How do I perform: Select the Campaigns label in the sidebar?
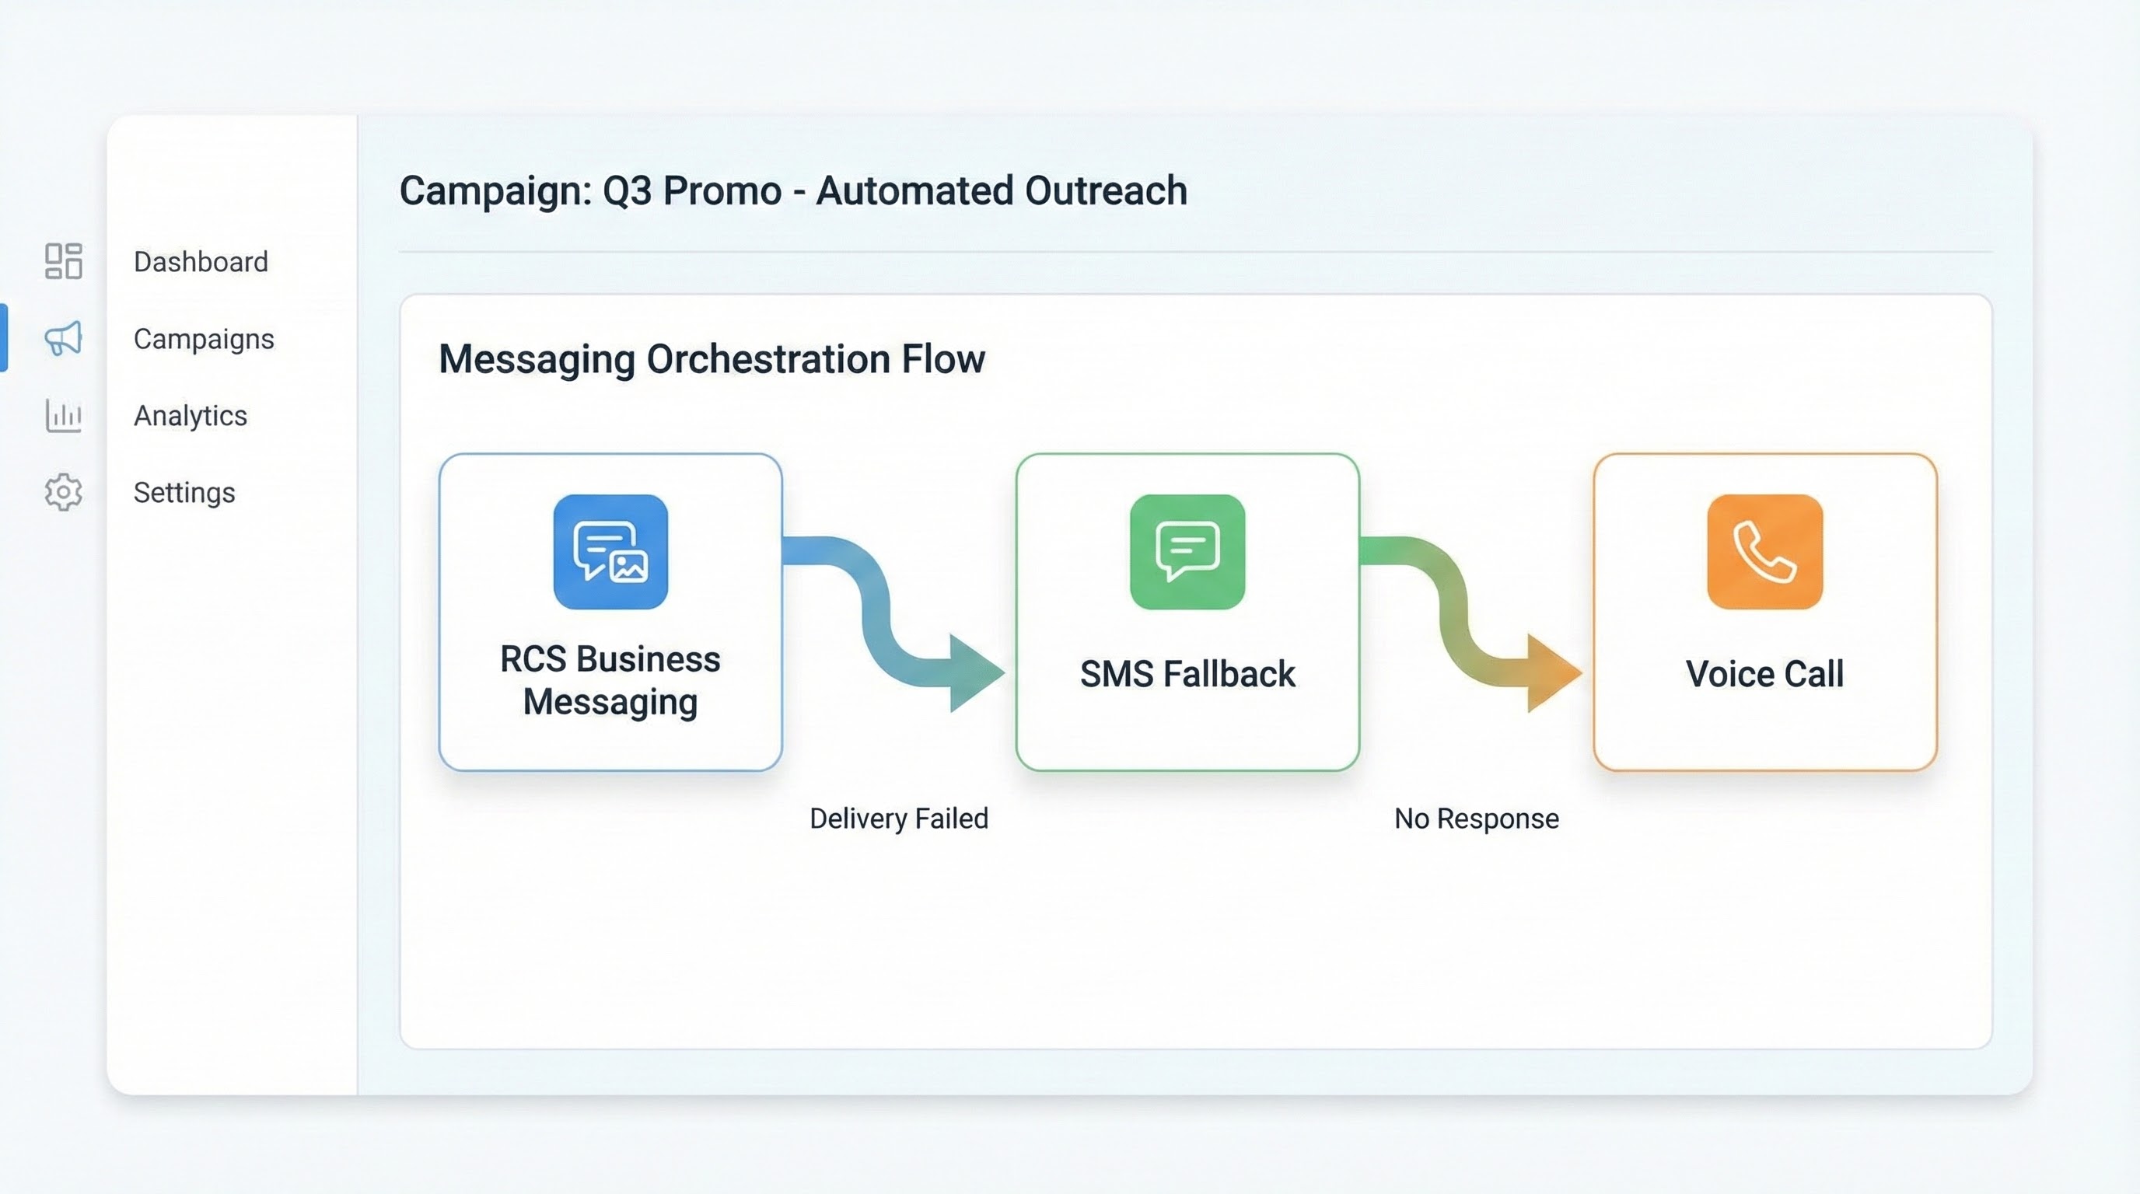pyautogui.click(x=204, y=339)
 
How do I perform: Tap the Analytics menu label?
pyautogui.click(x=191, y=415)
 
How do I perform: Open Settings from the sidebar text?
pyautogui.click(x=184, y=492)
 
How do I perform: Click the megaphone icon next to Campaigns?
pyautogui.click(x=63, y=338)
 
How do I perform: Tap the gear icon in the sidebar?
pyautogui.click(x=63, y=492)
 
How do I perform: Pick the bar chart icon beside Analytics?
pyautogui.click(x=63, y=415)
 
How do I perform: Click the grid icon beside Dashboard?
pyautogui.click(x=63, y=260)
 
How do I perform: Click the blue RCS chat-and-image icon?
pyautogui.click(x=610, y=551)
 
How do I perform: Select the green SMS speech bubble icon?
pyautogui.click(x=1187, y=551)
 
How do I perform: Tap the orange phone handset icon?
pyautogui.click(x=1764, y=551)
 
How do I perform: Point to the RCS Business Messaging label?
pyautogui.click(x=610, y=680)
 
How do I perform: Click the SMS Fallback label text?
pyautogui.click(x=1187, y=673)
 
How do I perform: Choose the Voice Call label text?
pyautogui.click(x=1764, y=673)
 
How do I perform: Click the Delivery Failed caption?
pyautogui.click(x=899, y=819)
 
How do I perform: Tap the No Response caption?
pyautogui.click(x=1476, y=819)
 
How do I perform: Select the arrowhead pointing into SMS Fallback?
pyautogui.click(x=976, y=672)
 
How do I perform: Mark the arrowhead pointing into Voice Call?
pyautogui.click(x=1553, y=672)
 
